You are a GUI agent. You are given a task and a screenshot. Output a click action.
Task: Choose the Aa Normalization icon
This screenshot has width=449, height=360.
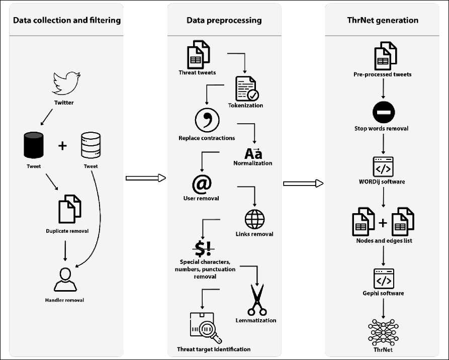(253, 153)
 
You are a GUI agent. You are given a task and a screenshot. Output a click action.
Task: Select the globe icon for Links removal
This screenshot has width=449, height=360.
(254, 219)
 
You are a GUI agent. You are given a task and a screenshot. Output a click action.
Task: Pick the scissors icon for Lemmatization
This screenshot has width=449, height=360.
(256, 299)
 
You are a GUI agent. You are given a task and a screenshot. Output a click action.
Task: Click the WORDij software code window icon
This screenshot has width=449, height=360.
(383, 166)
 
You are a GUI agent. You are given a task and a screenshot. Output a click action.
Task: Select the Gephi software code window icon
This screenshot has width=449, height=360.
(383, 278)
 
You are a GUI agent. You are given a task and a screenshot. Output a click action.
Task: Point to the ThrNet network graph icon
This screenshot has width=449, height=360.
(383, 330)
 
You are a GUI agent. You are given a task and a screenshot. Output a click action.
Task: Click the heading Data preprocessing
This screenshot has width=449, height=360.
(224, 21)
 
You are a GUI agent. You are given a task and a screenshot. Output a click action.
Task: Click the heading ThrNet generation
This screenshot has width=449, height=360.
(383, 21)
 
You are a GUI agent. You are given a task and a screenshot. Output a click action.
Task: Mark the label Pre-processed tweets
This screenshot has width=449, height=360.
(382, 74)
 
